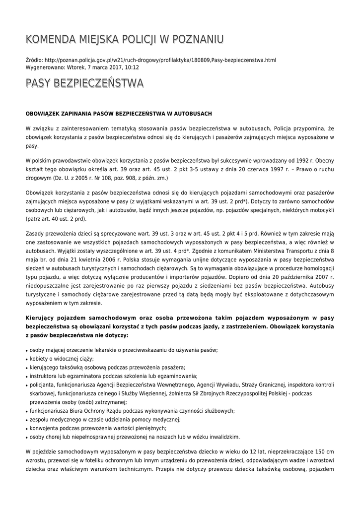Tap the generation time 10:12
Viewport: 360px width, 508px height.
[x=133, y=67]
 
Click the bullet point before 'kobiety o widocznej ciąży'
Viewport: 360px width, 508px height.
[x=27, y=359]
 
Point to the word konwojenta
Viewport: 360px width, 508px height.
[x=45, y=428]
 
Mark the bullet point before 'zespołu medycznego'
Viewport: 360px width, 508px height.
[x=27, y=420]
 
